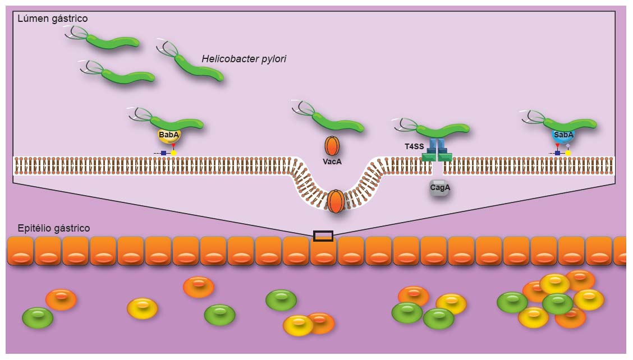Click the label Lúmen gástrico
tap(52, 19)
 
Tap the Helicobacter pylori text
tap(244, 59)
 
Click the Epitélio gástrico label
tap(54, 228)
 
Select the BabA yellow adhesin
tap(169, 135)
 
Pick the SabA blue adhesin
tap(563, 135)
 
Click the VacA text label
tap(332, 161)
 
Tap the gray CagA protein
tap(440, 188)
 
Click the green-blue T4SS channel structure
tap(437, 150)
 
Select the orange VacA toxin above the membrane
tap(332, 146)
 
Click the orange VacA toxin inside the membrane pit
tap(336, 201)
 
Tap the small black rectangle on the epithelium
tap(323, 236)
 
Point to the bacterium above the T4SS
tap(441, 130)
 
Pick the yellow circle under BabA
tap(174, 153)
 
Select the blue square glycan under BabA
tap(163, 153)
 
